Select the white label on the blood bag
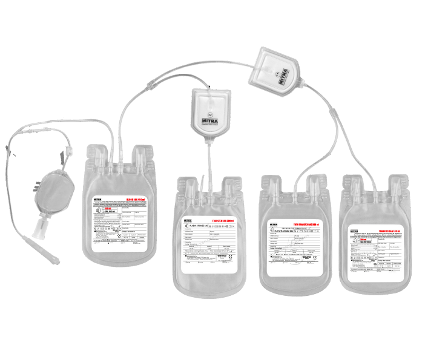pos(124,221)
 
